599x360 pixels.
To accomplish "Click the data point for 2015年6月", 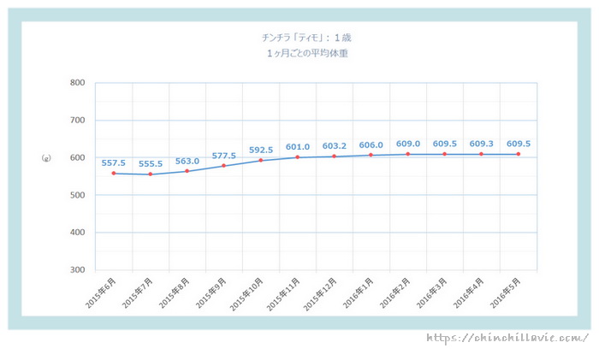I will (113, 174).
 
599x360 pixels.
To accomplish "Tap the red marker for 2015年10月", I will (261, 160).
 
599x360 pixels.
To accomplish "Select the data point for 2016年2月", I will (408, 154).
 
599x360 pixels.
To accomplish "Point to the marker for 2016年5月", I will (519, 154).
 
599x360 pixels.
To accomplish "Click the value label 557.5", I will (113, 162).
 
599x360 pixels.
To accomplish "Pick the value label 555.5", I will (150, 163).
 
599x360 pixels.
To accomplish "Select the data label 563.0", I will (187, 160).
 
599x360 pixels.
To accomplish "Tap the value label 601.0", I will (297, 145).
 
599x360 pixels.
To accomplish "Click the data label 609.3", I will (482, 143).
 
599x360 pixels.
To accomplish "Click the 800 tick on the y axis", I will (77, 83).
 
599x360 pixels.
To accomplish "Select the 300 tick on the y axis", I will (77, 270).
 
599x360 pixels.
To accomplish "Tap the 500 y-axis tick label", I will (77, 195).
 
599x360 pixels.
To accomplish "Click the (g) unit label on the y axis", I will (45, 158).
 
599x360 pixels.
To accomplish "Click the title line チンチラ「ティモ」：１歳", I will (307, 38).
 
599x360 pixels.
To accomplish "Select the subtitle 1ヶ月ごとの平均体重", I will (307, 53).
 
